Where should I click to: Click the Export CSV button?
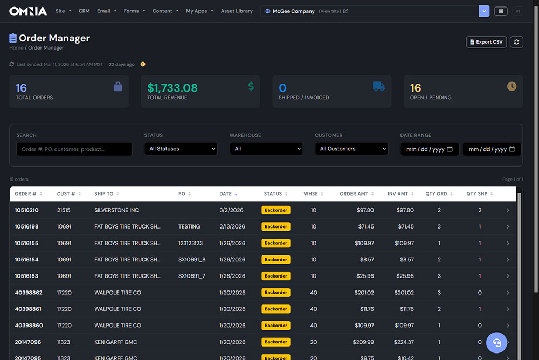tap(486, 42)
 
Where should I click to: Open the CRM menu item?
tap(84, 11)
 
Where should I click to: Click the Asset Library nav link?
tap(237, 11)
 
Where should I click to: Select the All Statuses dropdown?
tap(181, 149)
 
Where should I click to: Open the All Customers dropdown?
tap(351, 149)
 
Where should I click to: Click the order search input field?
tap(74, 149)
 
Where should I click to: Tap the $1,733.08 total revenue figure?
tap(172, 88)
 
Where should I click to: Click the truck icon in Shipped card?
tap(379, 86)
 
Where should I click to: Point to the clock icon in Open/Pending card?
tap(512, 86)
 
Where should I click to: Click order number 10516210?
tap(26, 210)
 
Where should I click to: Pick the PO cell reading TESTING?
tap(189, 226)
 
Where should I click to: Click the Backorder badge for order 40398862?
tap(275, 293)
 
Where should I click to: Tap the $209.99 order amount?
tap(363, 342)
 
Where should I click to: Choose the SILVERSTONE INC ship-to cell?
tap(116, 210)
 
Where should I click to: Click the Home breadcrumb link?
tap(16, 48)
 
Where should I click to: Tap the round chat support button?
tap(496, 342)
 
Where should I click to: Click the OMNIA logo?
tap(28, 11)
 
